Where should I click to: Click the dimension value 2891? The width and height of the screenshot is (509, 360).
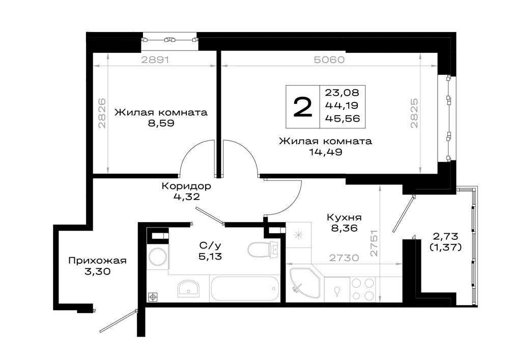coord(155,60)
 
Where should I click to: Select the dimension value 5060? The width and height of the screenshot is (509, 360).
coord(329,60)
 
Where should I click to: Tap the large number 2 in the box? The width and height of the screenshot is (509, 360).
coord(302,107)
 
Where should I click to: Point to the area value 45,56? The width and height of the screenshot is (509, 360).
coord(343,119)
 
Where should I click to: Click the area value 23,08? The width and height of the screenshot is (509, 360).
coord(343,93)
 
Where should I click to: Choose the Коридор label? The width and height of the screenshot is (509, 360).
coord(186,186)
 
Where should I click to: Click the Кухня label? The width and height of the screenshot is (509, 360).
coord(344,217)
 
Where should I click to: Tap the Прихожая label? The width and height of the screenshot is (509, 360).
coord(97,261)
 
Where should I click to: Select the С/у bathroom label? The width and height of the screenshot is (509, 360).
coord(210,245)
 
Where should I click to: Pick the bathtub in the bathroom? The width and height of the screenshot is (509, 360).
coord(245,289)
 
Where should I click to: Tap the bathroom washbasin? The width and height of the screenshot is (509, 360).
coord(189,288)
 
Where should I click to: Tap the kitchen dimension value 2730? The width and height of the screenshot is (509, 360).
coord(344,258)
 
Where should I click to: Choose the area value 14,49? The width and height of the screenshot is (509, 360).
coord(326,152)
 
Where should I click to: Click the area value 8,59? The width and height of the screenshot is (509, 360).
coord(161,123)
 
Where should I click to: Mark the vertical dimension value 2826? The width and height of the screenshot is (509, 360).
coord(102,113)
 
